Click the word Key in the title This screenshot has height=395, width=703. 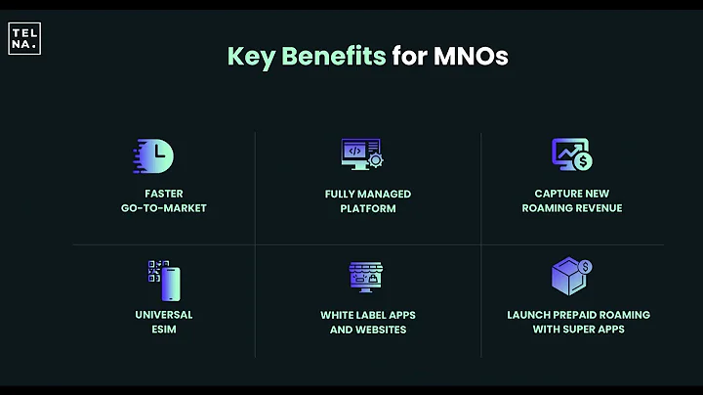[249, 56]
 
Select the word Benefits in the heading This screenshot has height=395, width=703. [332, 56]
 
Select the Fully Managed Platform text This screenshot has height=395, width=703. [368, 200]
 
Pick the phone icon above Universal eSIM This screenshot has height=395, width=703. [168, 283]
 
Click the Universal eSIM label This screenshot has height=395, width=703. [163, 322]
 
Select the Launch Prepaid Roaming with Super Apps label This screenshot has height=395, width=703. [578, 322]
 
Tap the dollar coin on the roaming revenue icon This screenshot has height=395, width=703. [584, 160]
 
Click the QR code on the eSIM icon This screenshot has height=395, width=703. [153, 272]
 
